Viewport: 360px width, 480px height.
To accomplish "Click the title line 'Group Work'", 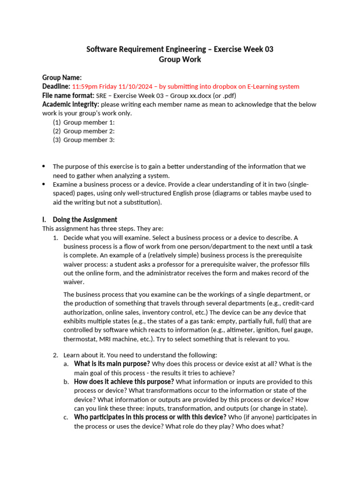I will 180,60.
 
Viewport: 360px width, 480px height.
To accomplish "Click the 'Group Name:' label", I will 62,77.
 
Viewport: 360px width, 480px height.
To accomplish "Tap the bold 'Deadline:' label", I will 56,86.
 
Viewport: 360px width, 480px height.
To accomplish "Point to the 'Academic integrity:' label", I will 70,104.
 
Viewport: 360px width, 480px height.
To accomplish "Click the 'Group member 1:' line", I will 89,122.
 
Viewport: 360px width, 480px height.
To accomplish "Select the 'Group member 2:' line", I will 89,131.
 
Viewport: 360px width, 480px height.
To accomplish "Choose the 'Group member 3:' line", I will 89,140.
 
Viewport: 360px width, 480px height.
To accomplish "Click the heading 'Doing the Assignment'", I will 85,220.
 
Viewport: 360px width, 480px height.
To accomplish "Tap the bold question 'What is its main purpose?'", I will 112,364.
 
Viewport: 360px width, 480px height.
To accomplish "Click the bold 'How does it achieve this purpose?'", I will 124,382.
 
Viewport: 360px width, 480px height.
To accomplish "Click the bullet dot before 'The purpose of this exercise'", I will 44,166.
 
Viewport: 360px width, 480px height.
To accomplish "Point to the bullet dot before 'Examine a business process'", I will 44,184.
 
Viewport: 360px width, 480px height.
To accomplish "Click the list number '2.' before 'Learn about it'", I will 55,355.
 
